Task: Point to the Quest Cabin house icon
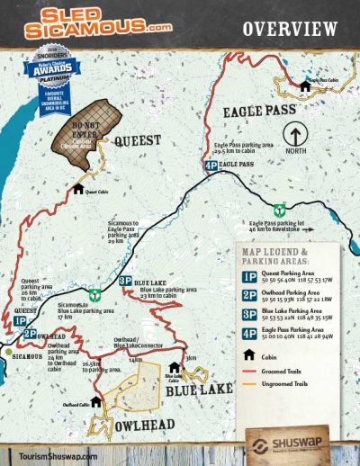[x=77, y=189]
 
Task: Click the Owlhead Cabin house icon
[x=94, y=401]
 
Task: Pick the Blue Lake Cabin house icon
[x=175, y=367]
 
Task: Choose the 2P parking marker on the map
[x=30, y=333]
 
